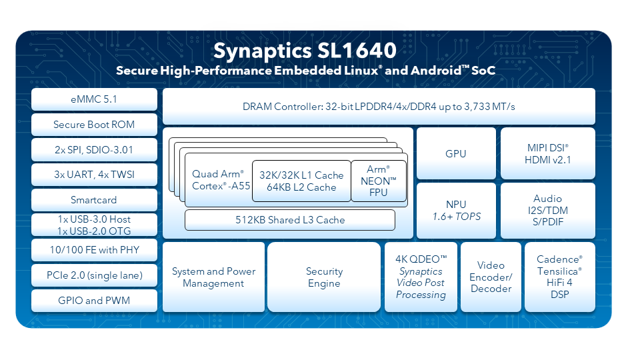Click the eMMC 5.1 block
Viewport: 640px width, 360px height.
coord(94,99)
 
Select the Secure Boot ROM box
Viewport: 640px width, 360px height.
coord(94,125)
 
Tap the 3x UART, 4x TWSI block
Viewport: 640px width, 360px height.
coord(94,175)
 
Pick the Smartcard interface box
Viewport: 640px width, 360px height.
coord(94,200)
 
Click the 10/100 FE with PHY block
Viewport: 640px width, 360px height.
coord(94,250)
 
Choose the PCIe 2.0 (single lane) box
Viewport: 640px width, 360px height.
coord(94,275)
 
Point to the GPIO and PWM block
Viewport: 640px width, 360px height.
coord(94,301)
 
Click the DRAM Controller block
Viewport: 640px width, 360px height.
coord(379,107)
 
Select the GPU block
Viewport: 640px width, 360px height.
coord(456,153)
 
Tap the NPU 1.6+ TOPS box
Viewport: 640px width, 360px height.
coord(456,210)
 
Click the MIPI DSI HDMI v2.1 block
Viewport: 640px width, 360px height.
coord(548,153)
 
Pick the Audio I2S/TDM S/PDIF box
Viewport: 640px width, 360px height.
coord(548,210)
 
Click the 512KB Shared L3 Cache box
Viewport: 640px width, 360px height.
coord(290,220)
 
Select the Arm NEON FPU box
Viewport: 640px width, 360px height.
coord(379,181)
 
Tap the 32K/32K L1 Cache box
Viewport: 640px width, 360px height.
coord(301,181)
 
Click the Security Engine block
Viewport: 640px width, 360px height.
coord(324,277)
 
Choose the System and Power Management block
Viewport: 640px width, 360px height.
coord(213,277)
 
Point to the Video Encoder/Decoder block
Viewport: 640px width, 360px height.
coord(491,277)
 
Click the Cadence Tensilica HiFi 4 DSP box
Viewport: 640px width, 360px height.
coord(559,277)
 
